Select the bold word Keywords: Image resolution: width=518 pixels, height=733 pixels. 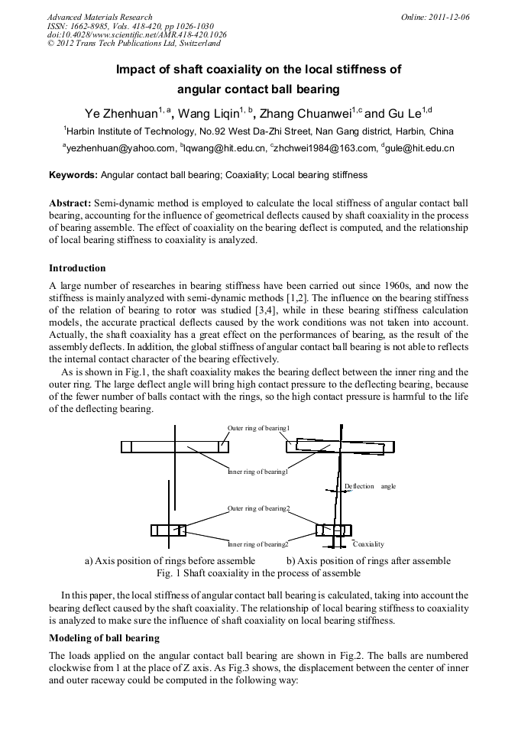73,175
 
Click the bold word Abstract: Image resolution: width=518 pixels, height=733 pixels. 70,203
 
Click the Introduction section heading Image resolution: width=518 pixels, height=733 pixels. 77,268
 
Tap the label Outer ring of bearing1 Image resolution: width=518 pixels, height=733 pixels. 258,428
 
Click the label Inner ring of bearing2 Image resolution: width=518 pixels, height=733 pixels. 258,544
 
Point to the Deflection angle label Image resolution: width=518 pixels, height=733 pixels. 370,486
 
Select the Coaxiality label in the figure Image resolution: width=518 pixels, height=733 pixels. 368,544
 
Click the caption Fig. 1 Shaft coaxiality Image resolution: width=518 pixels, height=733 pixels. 258,573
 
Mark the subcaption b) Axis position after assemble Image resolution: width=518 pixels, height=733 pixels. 368,560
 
